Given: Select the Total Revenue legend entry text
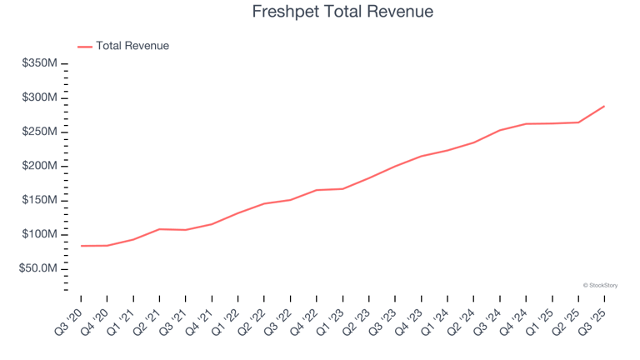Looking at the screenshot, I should (x=132, y=46).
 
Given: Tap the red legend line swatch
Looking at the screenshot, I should (x=85, y=47).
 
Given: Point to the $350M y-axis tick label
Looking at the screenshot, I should (x=40, y=63).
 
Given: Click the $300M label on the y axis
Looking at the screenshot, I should (x=40, y=97).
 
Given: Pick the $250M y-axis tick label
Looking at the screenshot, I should (x=40, y=132).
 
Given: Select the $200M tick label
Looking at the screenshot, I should (x=40, y=166).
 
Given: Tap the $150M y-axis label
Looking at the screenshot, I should (x=40, y=200).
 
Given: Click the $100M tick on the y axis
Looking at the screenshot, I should (x=40, y=234).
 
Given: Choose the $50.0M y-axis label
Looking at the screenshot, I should (x=38, y=268).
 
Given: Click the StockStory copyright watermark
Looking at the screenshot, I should (x=600, y=285).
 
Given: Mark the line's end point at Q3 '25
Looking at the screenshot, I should (x=604, y=106).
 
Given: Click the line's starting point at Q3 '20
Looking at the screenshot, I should (x=81, y=246).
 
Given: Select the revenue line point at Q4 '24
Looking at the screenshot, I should (x=526, y=124).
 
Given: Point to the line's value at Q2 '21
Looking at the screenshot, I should (x=159, y=229).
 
